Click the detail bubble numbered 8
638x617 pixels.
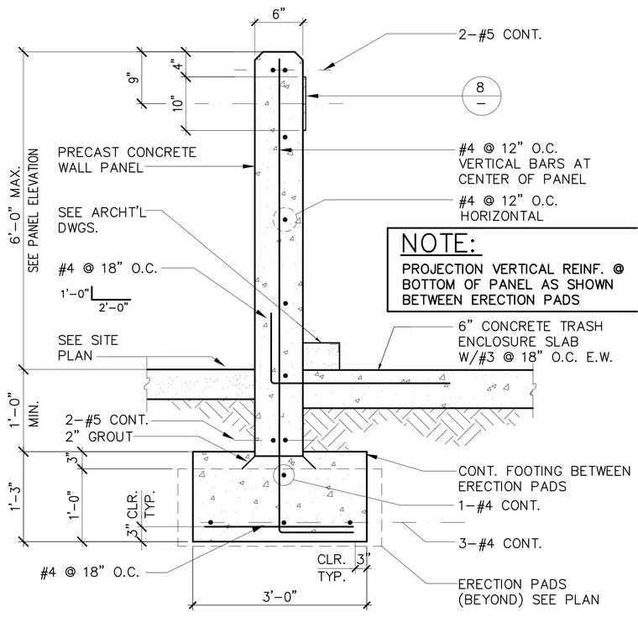coord(481,96)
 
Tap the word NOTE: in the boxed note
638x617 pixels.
coord(438,243)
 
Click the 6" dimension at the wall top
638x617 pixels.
coord(279,14)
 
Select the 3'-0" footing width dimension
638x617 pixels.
coord(280,597)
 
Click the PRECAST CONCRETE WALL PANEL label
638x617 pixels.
coord(127,160)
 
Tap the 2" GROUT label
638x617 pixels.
coord(99,437)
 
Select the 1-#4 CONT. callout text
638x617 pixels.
coord(499,505)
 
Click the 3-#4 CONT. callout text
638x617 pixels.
coord(500,543)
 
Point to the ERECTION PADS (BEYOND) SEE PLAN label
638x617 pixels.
coord(529,592)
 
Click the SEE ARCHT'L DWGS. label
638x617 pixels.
coord(102,220)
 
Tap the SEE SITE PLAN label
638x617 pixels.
coord(88,348)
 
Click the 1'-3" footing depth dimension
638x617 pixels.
coord(15,496)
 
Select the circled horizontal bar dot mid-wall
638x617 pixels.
coord(285,220)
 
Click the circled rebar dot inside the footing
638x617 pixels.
coord(284,475)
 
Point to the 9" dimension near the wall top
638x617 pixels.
coord(133,77)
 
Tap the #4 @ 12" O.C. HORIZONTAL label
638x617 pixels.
coord(508,208)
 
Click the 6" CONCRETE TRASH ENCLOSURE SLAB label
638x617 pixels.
coord(536,342)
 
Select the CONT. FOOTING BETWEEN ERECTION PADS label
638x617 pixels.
coord(545,478)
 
